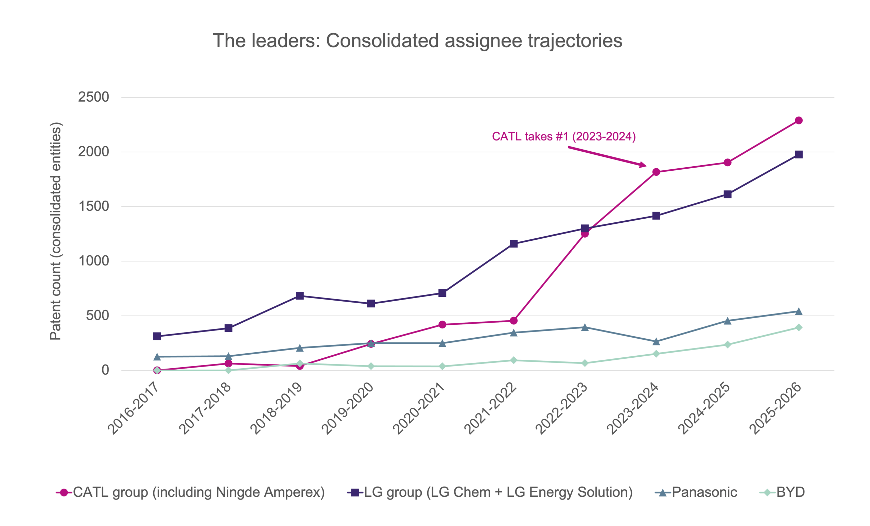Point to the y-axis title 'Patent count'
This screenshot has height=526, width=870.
56,231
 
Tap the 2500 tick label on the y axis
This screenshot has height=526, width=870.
93,97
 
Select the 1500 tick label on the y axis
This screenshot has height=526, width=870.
93,206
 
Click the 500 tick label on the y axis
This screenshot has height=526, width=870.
98,316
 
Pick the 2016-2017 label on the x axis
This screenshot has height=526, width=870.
133,408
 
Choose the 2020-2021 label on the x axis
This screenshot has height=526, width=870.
418,408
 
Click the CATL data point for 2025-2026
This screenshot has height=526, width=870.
799,120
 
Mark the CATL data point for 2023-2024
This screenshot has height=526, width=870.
656,172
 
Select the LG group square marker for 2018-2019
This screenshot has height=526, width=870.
300,296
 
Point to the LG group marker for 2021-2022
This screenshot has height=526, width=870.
514,244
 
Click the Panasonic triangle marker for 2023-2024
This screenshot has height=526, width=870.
656,342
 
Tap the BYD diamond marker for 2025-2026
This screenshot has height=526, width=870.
799,327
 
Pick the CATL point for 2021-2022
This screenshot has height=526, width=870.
514,321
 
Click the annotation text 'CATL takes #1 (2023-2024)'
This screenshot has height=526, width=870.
564,136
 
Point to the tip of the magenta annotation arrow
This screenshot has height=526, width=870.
646,166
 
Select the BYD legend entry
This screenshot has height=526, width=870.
782,492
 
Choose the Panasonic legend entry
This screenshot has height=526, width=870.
696,492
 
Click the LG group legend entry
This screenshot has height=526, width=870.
490,492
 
